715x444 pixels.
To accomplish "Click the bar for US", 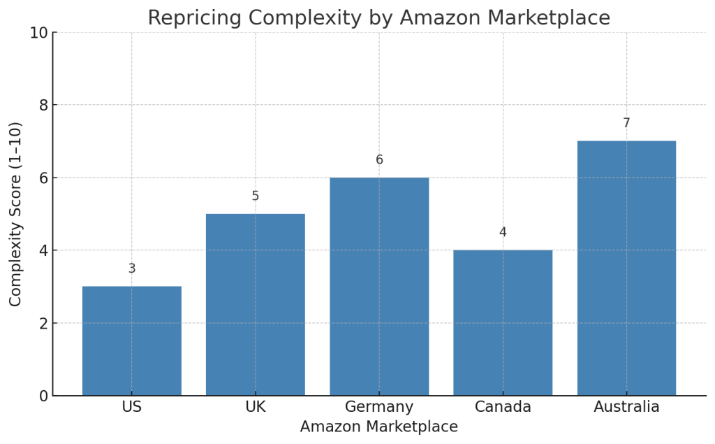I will [132, 341].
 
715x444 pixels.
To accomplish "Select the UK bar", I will [256, 305].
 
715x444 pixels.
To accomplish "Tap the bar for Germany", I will [379, 287].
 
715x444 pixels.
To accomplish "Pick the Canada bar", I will [503, 323].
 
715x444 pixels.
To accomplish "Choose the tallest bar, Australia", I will [626, 268].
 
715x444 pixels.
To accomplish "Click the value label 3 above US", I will [132, 268].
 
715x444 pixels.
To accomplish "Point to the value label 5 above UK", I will [256, 196].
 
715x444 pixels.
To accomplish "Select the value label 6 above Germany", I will [379, 159].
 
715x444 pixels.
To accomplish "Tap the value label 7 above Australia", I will [626, 123].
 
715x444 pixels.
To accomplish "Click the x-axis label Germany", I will [379, 407].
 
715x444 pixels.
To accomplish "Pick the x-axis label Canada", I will [503, 407].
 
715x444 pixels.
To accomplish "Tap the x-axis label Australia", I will [626, 407].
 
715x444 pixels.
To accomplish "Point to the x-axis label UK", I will [256, 407].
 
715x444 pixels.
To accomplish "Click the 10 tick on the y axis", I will [38, 33].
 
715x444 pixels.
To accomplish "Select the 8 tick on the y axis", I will [43, 105].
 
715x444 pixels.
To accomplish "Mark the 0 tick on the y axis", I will [43, 396].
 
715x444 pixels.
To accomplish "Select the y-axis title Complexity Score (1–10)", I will [16, 214].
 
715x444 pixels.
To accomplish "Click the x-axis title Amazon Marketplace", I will [379, 427].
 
